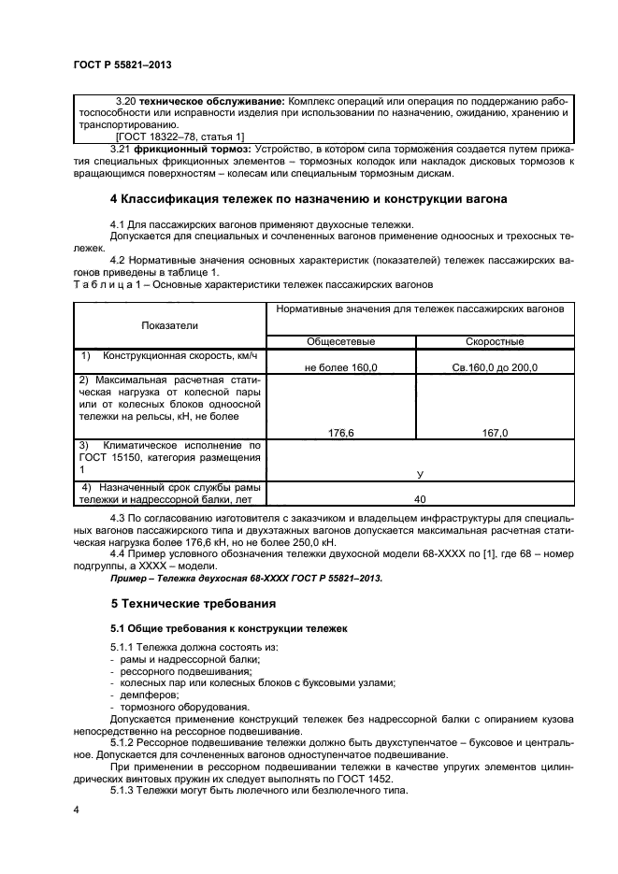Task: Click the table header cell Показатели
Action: [x=169, y=324]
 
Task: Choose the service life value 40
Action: [x=420, y=498]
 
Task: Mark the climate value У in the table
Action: [x=420, y=474]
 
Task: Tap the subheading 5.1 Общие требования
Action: [x=229, y=628]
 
